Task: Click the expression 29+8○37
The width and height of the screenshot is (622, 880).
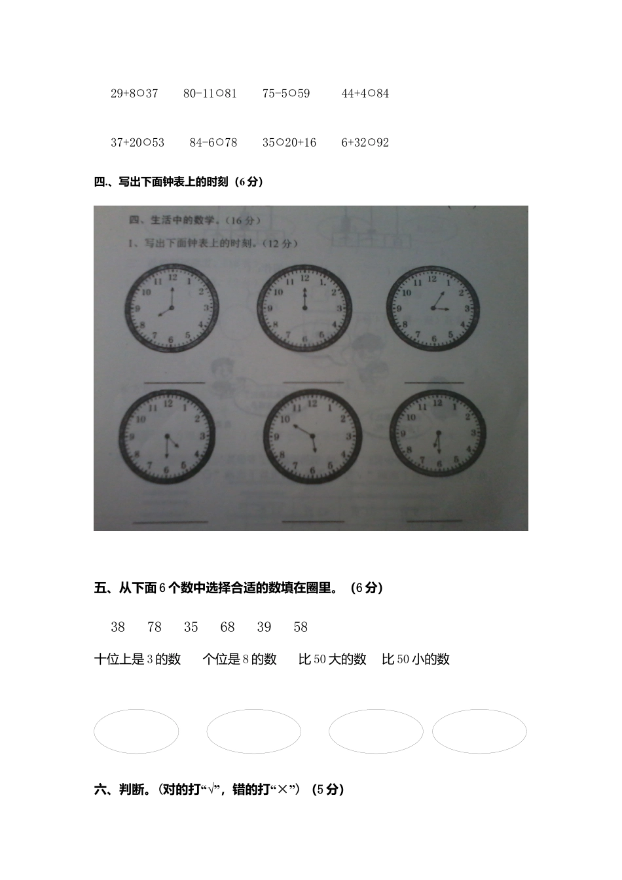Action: point(134,94)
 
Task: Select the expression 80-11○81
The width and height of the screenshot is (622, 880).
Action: point(210,94)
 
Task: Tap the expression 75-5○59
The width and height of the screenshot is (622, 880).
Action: point(286,94)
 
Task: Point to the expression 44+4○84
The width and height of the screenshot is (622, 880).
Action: point(365,94)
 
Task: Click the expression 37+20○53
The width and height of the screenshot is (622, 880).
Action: point(137,143)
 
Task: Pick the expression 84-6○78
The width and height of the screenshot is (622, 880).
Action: point(213,143)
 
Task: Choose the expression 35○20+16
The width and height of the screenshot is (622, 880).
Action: point(289,143)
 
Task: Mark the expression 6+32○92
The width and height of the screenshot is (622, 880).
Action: point(365,143)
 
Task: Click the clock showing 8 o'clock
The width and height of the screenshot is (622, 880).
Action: point(172,308)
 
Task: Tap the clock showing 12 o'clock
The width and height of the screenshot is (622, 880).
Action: point(303,308)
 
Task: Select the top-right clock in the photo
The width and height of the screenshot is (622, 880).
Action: point(433,308)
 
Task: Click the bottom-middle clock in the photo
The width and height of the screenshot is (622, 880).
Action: point(312,436)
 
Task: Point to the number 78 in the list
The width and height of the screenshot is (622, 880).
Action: point(155,627)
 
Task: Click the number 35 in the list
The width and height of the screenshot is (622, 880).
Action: point(191,627)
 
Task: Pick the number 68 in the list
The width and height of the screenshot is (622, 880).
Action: point(227,627)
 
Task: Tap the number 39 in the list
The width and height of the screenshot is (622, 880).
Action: point(264,627)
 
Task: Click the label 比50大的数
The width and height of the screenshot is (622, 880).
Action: point(332,659)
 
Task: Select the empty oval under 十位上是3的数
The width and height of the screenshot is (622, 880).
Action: point(136,731)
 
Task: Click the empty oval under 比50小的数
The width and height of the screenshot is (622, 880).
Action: point(479,731)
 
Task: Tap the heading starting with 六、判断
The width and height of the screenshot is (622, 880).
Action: point(219,790)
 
